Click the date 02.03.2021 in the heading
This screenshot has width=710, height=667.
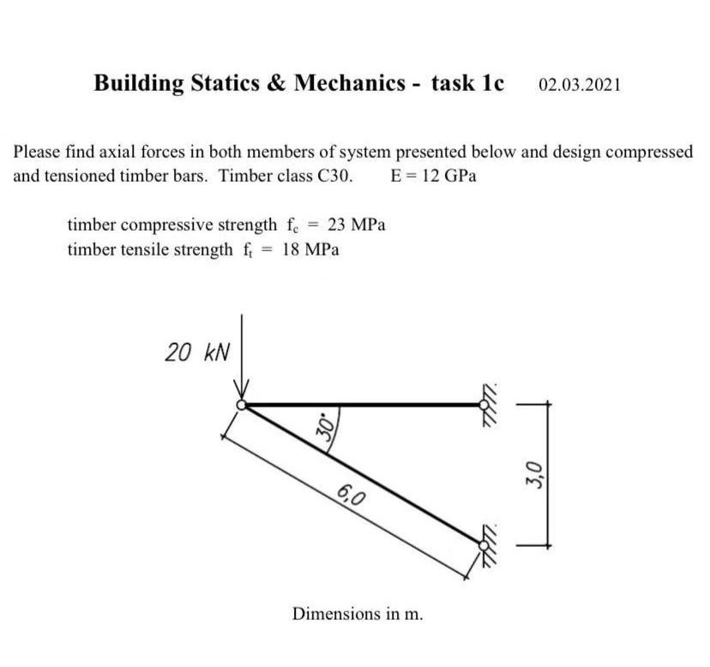(x=581, y=85)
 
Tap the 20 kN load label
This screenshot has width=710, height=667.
(x=197, y=352)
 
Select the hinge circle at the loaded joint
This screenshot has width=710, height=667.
(x=243, y=405)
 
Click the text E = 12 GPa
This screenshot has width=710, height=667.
(x=433, y=177)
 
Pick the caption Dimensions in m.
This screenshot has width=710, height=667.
(x=358, y=614)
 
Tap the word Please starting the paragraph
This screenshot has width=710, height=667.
(x=36, y=153)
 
